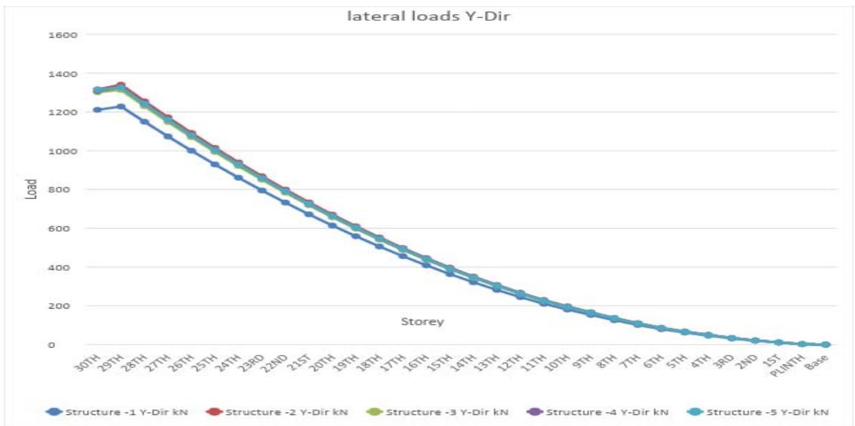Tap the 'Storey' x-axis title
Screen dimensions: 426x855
422,321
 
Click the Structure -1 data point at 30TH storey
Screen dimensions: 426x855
97,110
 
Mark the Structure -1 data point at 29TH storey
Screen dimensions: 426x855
120,107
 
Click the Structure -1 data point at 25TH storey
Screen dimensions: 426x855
215,164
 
